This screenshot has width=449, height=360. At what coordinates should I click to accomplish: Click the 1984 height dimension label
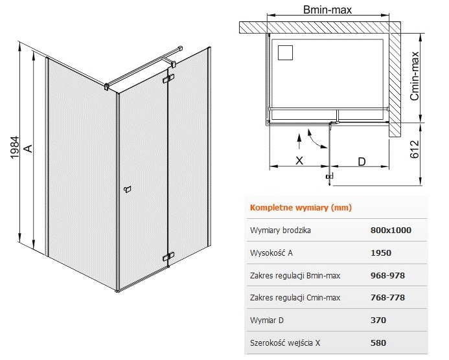[15, 147]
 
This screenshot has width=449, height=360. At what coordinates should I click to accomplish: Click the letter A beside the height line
[29, 148]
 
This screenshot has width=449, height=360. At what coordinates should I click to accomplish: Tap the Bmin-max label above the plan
[327, 10]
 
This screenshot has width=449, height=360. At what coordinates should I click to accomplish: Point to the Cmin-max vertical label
[415, 76]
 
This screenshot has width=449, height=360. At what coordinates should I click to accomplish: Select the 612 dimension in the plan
[415, 149]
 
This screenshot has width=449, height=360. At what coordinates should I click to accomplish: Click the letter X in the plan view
[299, 161]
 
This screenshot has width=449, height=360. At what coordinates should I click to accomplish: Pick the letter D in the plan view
[362, 162]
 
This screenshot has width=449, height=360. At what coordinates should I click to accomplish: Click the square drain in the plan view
[285, 52]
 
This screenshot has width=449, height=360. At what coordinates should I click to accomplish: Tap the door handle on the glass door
[128, 189]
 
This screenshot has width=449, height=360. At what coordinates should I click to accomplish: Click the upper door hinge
[168, 79]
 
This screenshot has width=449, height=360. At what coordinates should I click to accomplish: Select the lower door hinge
[168, 256]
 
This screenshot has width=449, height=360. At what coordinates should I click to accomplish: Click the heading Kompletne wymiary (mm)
[301, 207]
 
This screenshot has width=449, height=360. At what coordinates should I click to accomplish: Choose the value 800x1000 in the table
[391, 230]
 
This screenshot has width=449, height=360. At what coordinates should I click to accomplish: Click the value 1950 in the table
[381, 253]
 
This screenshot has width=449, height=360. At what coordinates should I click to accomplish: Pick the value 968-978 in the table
[387, 276]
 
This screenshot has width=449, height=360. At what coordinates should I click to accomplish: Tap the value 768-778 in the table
[387, 298]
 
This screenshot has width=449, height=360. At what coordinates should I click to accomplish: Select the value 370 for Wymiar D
[378, 321]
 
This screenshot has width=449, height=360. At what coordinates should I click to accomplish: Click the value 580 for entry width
[378, 343]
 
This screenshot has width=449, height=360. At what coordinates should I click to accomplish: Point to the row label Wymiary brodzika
[281, 231]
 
